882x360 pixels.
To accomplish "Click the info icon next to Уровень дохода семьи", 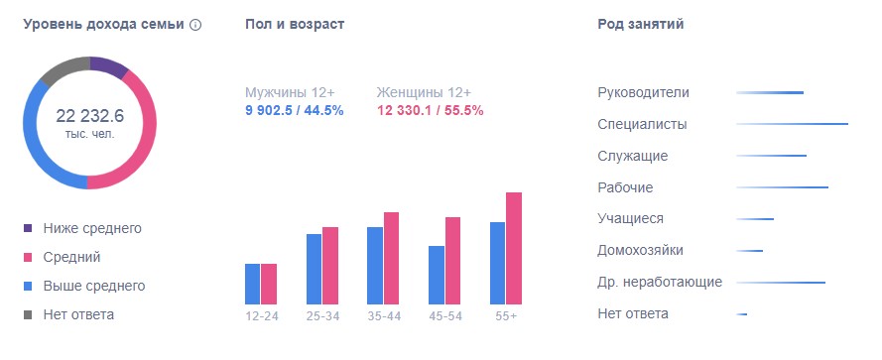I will click(x=195, y=25).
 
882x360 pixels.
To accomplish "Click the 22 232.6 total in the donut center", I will click(x=89, y=115).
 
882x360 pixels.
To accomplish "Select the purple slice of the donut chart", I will click(x=110, y=67).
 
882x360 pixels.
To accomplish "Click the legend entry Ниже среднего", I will click(x=92, y=228).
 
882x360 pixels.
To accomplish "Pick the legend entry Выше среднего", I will click(x=93, y=286).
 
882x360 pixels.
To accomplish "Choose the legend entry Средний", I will click(x=71, y=257).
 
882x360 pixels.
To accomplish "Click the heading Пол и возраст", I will click(x=295, y=24).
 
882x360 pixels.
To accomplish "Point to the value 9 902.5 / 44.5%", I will click(x=295, y=110).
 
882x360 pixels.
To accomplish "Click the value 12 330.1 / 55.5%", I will click(x=430, y=110).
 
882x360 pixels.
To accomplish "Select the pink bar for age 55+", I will click(x=514, y=248).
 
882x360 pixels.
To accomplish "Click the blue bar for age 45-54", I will click(x=437, y=275).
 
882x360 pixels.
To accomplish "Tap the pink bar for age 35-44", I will click(x=391, y=258).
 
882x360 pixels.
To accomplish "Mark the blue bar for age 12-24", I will click(x=252, y=284).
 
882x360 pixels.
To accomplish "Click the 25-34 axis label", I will click(x=322, y=315).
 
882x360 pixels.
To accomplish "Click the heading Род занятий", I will click(x=641, y=24).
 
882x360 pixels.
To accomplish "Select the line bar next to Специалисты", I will click(x=792, y=124).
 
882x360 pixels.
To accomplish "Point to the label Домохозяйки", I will click(x=641, y=250).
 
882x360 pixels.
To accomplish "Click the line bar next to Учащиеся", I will click(x=755, y=219).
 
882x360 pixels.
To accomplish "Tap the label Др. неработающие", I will click(x=660, y=282).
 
